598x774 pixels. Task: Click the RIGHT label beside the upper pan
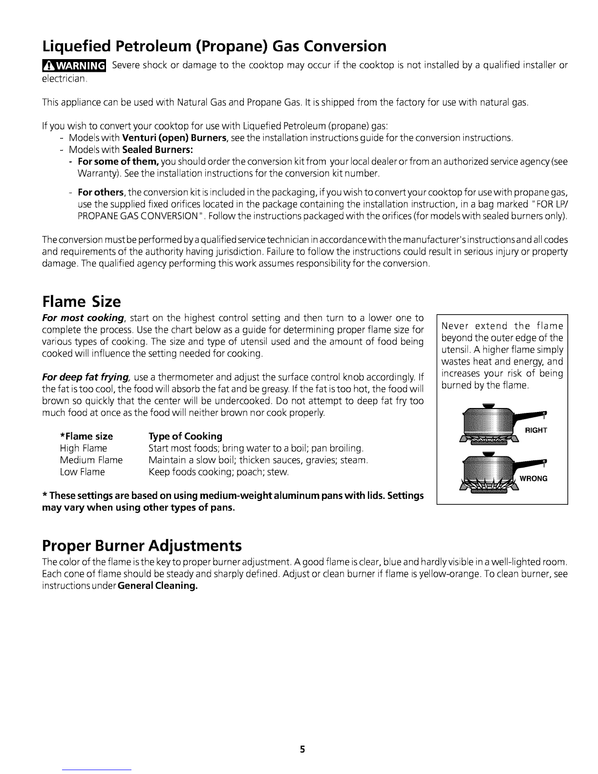pos(535,430)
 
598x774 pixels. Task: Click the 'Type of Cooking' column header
pos(185,436)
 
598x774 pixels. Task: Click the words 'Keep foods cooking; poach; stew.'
pos(218,472)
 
